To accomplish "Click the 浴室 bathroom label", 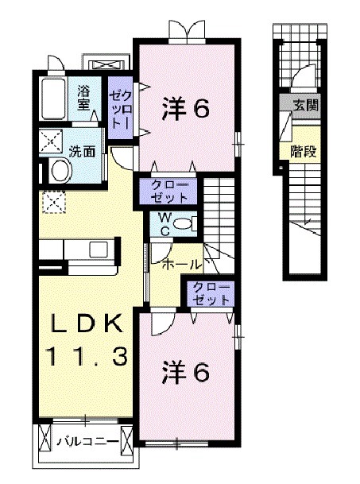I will (83, 97).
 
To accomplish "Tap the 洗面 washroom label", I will (80, 149).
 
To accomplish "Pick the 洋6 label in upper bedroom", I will (188, 107).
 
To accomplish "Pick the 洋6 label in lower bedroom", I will (188, 371).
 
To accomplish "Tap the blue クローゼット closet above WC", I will (168, 191).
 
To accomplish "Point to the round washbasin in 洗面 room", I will (60, 170).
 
